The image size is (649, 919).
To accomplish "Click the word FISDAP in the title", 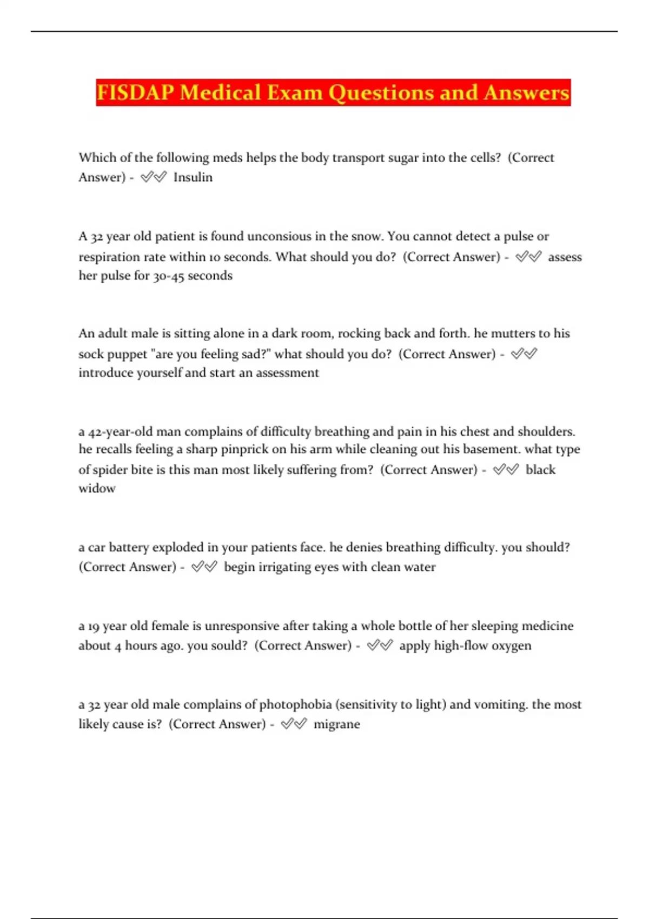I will pyautogui.click(x=135, y=92).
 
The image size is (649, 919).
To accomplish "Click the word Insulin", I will pyautogui.click(x=193, y=177).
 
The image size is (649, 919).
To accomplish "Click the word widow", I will pyautogui.click(x=97, y=489).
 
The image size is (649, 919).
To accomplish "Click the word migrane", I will pyautogui.click(x=336, y=724).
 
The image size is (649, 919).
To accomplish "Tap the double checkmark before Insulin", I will pyautogui.click(x=154, y=177).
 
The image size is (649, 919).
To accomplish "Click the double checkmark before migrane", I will pyautogui.click(x=294, y=724).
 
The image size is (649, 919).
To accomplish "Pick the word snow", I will pyautogui.click(x=366, y=236).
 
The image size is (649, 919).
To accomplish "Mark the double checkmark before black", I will pyautogui.click(x=506, y=469).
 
